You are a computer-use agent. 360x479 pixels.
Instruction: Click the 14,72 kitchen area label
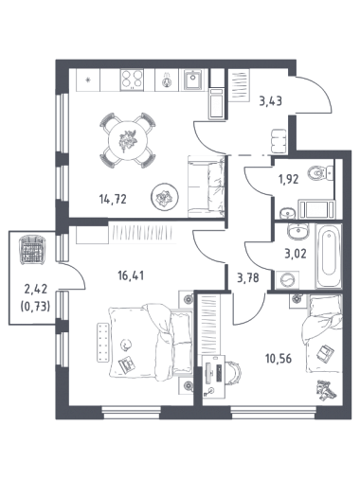click(113, 200)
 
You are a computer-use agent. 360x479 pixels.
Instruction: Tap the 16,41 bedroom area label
click(131, 275)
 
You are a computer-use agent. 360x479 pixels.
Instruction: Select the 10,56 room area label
click(279, 359)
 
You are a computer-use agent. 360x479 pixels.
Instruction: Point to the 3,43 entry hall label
click(270, 101)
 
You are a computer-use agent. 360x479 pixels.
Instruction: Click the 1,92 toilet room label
click(288, 180)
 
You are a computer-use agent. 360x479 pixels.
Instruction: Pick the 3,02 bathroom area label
click(296, 254)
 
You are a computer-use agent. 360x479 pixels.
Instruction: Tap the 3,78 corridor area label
click(248, 278)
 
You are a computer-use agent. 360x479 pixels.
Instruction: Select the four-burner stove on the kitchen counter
click(132, 80)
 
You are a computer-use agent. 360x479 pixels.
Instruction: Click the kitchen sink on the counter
click(191, 79)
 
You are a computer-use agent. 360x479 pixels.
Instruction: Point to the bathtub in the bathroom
click(329, 256)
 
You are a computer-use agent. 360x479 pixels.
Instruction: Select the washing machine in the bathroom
click(287, 279)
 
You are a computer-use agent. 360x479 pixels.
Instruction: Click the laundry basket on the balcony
click(32, 250)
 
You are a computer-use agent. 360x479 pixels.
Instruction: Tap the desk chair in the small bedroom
click(233, 373)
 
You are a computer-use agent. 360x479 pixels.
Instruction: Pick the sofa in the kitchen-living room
click(207, 186)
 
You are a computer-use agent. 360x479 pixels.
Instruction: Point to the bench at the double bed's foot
click(102, 343)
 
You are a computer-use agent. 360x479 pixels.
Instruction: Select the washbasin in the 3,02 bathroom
click(297, 231)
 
